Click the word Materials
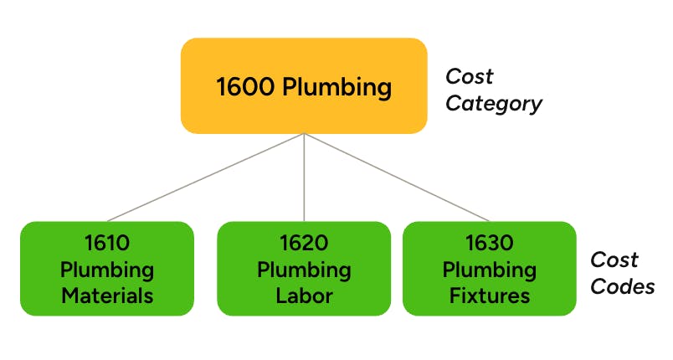tap(106, 296)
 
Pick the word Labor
tap(303, 296)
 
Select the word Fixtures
tap(489, 296)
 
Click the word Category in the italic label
tap(494, 104)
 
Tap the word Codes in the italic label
tap(623, 286)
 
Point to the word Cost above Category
tap(470, 77)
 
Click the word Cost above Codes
tap(614, 260)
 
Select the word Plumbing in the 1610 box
tap(106, 270)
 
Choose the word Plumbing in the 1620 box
tap(303, 270)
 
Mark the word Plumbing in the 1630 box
tap(489, 270)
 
